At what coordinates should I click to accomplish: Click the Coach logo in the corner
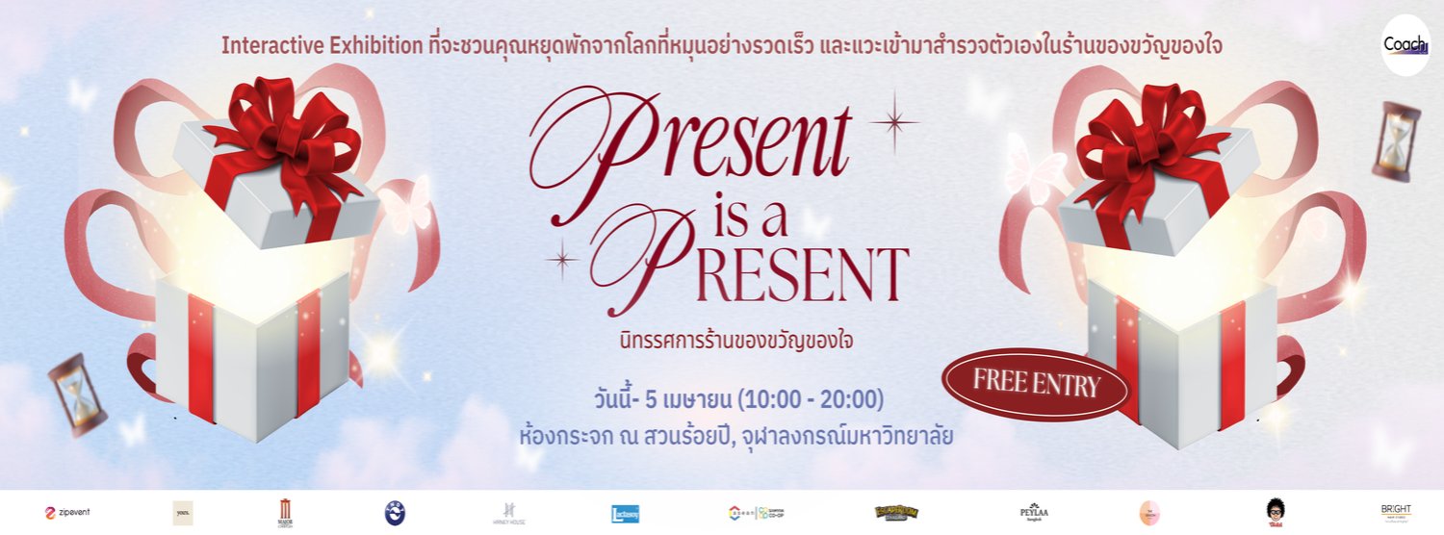pyautogui.click(x=1405, y=45)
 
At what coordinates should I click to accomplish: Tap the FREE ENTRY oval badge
pyautogui.click(x=1036, y=384)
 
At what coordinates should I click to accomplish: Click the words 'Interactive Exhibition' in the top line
pyautogui.click(x=323, y=45)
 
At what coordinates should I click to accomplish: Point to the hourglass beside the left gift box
pyautogui.click(x=77, y=395)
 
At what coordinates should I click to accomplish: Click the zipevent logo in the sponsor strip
pyautogui.click(x=67, y=512)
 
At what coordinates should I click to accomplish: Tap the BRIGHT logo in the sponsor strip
pyautogui.click(x=1395, y=512)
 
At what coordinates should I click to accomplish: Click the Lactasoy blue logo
pyautogui.click(x=626, y=513)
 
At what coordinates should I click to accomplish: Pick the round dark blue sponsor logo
pyautogui.click(x=395, y=513)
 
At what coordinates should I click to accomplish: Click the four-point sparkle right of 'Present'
pyautogui.click(x=893, y=121)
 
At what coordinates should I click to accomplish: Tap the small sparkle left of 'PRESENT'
pyautogui.click(x=561, y=259)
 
